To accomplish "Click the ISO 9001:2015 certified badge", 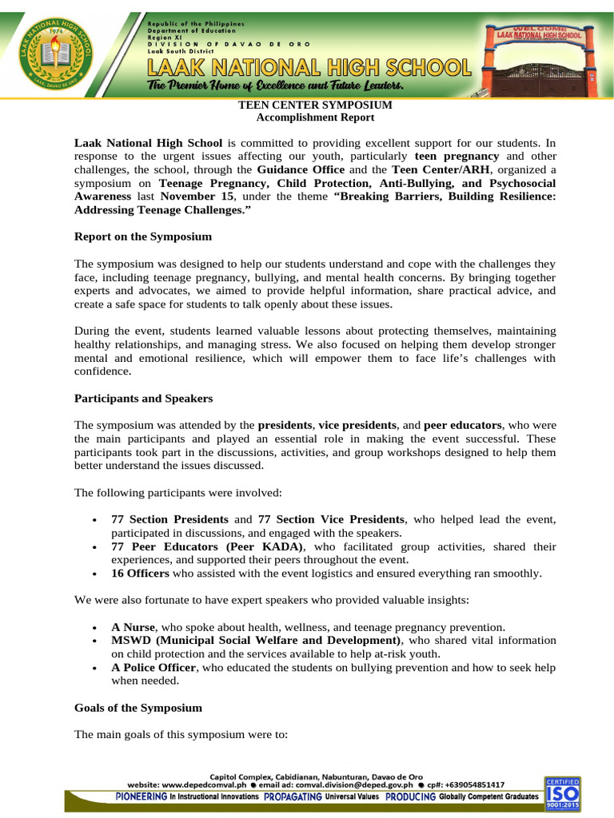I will pos(563,792).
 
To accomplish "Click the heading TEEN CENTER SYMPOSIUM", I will pos(315,105).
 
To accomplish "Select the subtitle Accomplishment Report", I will pos(315,117).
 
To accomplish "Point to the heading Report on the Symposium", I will pos(143,236).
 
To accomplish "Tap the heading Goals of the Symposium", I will pos(138,708).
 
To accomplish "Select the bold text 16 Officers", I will pos(140,574).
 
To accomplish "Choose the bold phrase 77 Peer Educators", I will pos(165,546).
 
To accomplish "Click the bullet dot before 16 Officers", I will pos(95,574).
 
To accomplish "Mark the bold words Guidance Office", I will pos(301,170).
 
